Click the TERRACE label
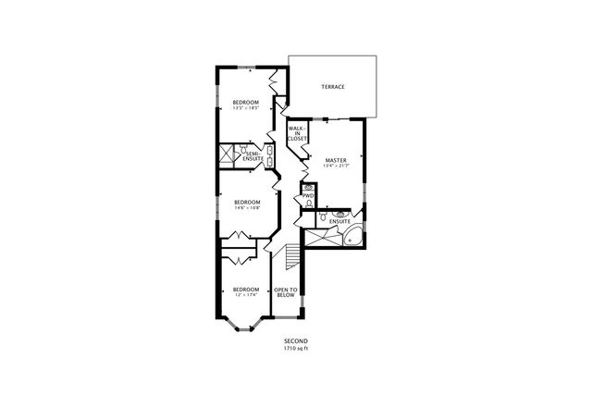pyautogui.click(x=332, y=87)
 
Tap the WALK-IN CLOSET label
pyautogui.click(x=297, y=133)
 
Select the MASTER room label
pyautogui.click(x=335, y=160)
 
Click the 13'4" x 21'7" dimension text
pyautogui.click(x=335, y=167)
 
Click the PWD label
pyautogui.click(x=308, y=195)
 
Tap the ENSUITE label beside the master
pyautogui.click(x=339, y=221)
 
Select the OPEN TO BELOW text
pyautogui.click(x=286, y=293)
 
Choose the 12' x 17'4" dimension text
pyautogui.click(x=245, y=294)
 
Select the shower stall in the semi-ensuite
pyautogui.click(x=227, y=154)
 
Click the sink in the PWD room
pyautogui.click(x=308, y=187)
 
